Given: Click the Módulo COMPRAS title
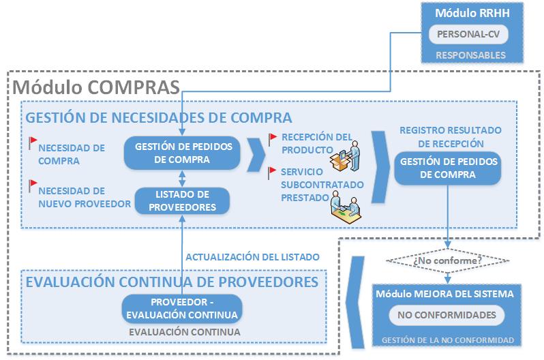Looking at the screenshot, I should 96,87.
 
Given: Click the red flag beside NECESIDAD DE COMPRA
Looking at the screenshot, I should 31,142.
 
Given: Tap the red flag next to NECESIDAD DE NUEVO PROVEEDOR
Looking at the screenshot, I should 31,184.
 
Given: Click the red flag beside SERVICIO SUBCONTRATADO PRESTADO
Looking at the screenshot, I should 273,171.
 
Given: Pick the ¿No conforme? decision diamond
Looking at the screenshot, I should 447,260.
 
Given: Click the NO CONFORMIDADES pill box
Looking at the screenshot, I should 447,316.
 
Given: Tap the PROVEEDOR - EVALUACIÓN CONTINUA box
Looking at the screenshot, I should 181,309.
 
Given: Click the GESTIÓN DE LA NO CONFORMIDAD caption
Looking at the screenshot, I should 447,340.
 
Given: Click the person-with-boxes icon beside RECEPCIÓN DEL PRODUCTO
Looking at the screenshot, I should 344,153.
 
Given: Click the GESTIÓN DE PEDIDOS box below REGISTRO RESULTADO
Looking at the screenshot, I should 447,168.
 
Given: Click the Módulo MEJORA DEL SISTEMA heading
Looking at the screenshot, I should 447,293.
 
